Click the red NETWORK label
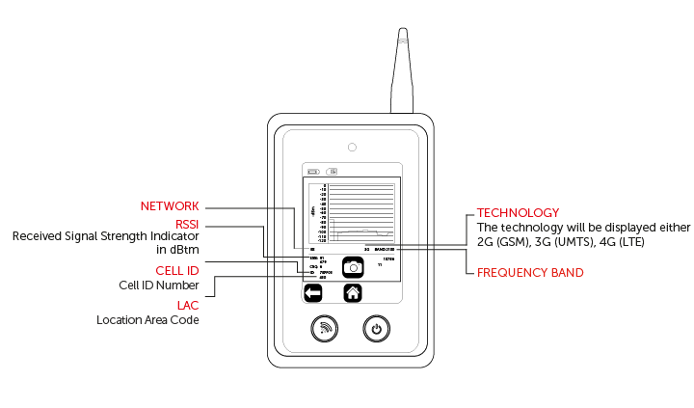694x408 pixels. [x=169, y=206]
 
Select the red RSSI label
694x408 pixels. [x=184, y=224]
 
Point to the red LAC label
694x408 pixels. [x=187, y=305]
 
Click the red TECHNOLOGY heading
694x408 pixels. [x=519, y=212]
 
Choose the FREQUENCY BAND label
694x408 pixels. [x=530, y=273]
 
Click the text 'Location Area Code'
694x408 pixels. [x=147, y=319]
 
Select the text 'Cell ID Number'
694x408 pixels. [x=160, y=286]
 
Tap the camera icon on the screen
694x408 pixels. [x=354, y=266]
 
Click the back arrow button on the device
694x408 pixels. [x=312, y=293]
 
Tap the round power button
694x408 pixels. [x=377, y=329]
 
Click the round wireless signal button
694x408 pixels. [x=326, y=329]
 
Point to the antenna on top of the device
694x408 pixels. [x=402, y=72]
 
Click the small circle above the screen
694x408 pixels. [x=353, y=148]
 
